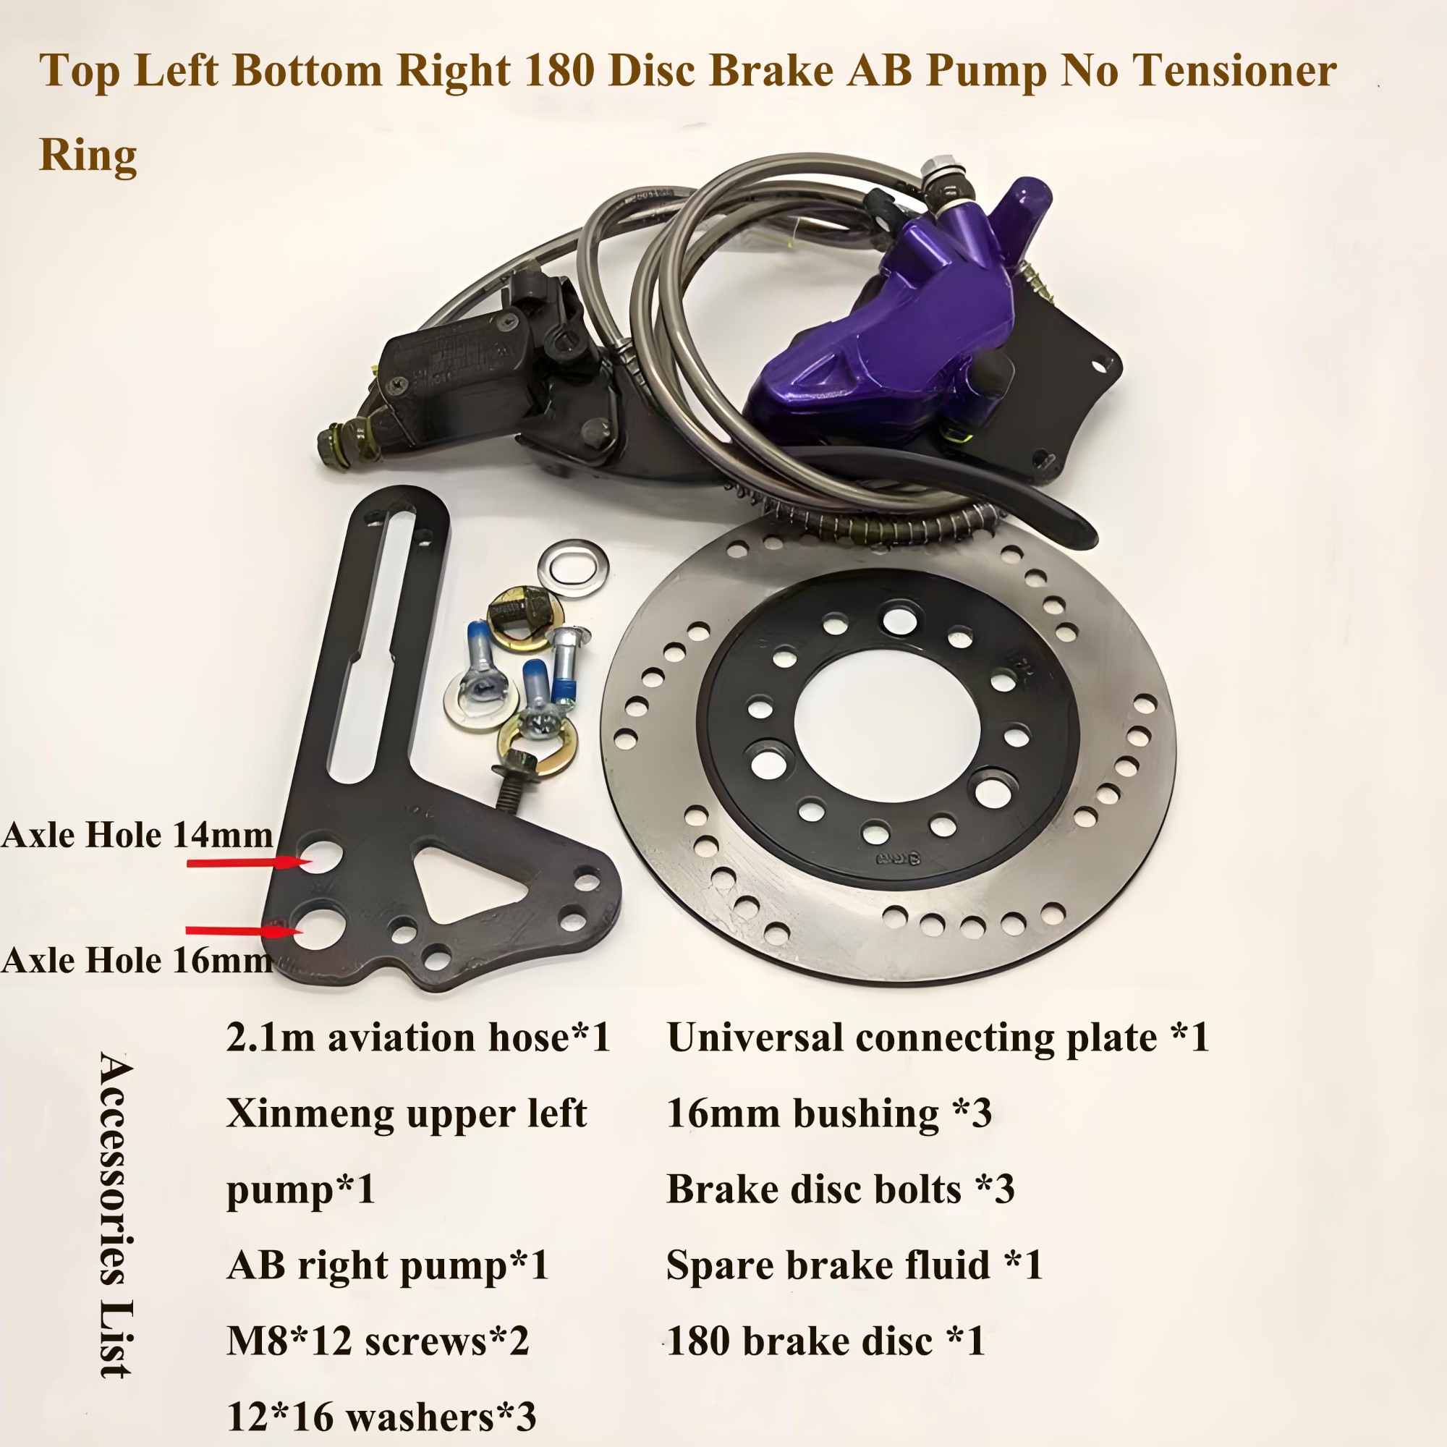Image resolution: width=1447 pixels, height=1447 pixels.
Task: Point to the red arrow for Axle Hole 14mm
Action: (x=248, y=863)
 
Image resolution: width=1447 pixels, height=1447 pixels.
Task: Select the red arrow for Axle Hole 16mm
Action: (x=243, y=931)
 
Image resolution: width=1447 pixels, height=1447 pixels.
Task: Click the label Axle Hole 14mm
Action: (x=137, y=835)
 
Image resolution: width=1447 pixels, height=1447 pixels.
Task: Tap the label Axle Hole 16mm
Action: (x=137, y=960)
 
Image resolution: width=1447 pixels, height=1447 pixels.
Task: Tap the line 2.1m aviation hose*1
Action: (x=419, y=1038)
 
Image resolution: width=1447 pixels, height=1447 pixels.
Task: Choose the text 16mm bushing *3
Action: (x=829, y=1113)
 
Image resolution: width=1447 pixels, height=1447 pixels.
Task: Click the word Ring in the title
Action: (x=88, y=156)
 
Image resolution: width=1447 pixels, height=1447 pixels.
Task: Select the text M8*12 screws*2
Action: (x=378, y=1341)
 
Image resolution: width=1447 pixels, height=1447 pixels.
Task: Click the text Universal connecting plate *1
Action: (x=938, y=1038)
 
